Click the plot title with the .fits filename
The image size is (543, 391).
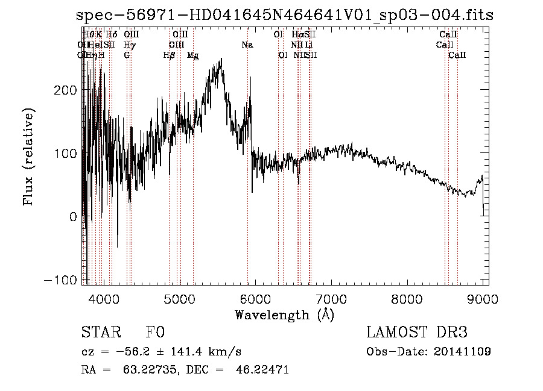click(x=285, y=15)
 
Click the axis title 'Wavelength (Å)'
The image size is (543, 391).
click(x=284, y=314)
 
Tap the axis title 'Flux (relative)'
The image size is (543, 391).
click(x=28, y=156)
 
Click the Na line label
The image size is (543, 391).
click(x=247, y=45)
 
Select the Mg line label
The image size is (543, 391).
click(x=193, y=55)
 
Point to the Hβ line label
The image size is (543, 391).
click(x=169, y=55)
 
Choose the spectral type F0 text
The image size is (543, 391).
click(x=155, y=333)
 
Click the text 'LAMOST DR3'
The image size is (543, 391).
click(x=417, y=333)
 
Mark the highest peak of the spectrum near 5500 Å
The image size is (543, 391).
click(x=222, y=58)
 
